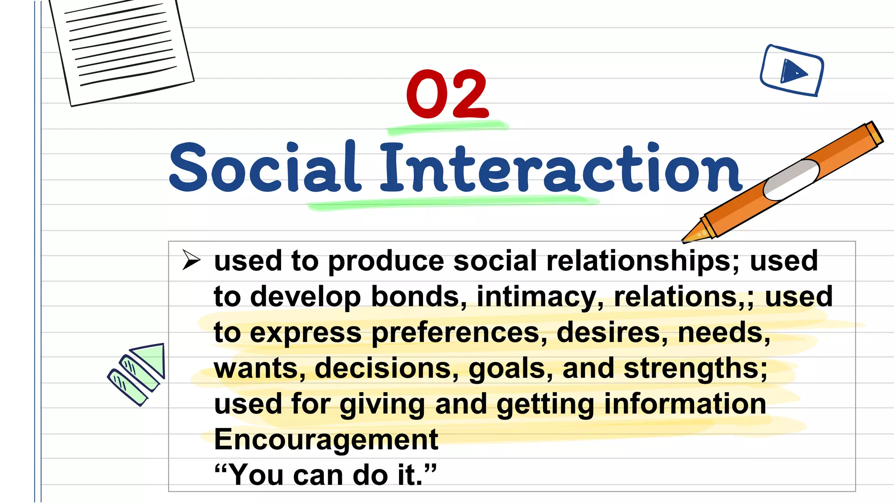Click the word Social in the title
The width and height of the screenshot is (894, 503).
[x=265, y=168]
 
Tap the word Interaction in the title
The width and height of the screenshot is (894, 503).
[x=560, y=168]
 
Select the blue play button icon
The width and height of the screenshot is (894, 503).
[x=792, y=71]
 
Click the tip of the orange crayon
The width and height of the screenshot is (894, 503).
[x=688, y=239]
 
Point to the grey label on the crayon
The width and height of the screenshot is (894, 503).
[x=791, y=179]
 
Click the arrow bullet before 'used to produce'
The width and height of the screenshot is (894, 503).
[x=191, y=260]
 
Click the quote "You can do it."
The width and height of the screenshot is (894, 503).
[x=325, y=475]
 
